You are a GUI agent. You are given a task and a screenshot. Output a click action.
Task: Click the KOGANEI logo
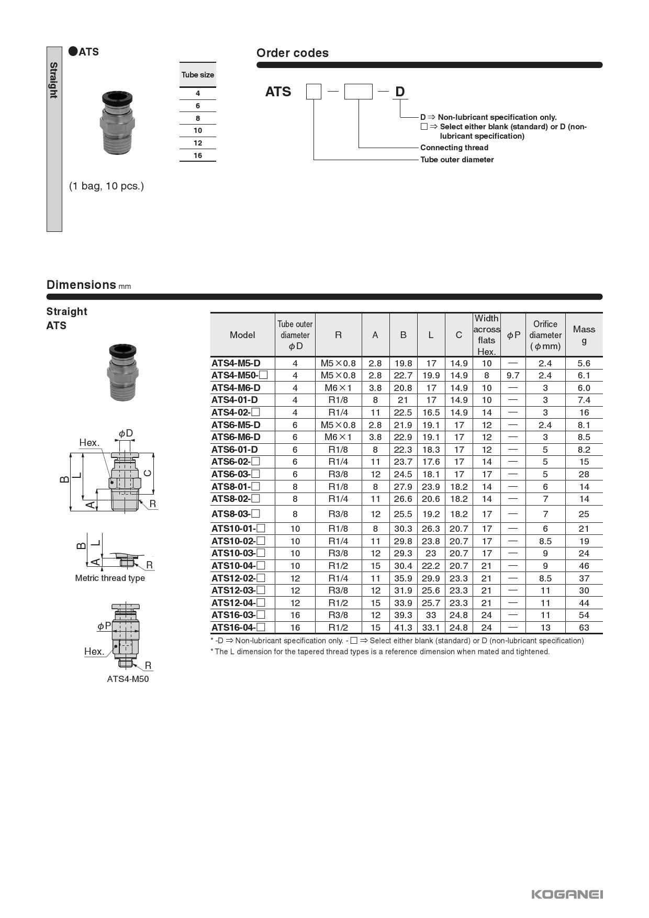tap(567, 894)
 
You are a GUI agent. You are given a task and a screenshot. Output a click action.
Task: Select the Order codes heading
tap(292, 53)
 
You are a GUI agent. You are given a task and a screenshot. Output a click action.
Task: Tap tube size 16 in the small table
tap(198, 155)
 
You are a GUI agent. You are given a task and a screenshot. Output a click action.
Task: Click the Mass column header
tap(584, 335)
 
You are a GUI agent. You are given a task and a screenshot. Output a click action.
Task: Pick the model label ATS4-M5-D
tap(236, 363)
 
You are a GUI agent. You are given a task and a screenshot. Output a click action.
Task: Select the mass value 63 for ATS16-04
tap(584, 628)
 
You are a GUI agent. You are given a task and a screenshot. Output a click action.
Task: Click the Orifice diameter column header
tap(545, 335)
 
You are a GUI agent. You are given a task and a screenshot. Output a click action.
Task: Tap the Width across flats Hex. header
tap(487, 335)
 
